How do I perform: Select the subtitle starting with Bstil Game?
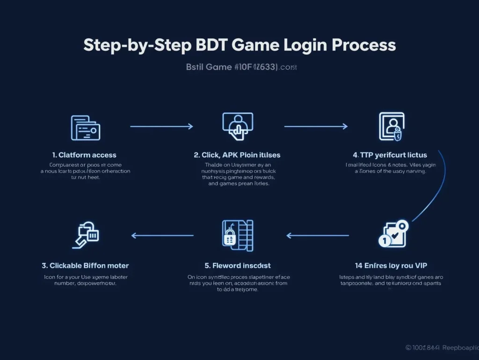pos(241,67)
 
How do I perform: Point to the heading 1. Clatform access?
pos(85,155)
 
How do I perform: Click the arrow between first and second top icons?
pos(161,126)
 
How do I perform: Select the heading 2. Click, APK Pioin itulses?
pos(237,155)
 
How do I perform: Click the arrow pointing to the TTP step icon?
pos(316,126)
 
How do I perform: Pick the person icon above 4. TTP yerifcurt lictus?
pos(392,126)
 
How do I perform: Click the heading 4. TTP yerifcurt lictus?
pos(390,155)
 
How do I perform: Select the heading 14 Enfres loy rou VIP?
pos(391,265)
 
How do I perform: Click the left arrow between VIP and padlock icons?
pos(318,235)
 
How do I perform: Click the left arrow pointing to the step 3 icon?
pos(162,235)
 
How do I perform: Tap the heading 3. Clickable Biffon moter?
pos(85,265)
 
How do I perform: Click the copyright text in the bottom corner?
pos(441,348)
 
